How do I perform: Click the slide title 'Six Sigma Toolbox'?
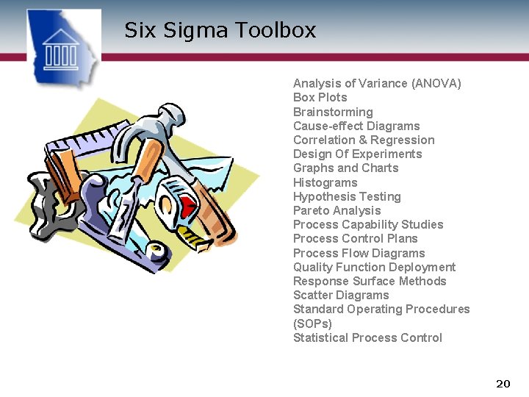[x=220, y=30]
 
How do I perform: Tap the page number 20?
[x=503, y=383]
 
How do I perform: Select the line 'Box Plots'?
[x=320, y=98]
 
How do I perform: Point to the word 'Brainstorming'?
[x=333, y=112]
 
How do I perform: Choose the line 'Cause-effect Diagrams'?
[x=356, y=126]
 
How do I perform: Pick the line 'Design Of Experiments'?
[x=357, y=154]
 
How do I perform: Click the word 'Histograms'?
[x=325, y=182]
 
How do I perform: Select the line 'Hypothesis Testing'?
[x=347, y=196]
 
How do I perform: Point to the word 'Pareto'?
[x=312, y=210]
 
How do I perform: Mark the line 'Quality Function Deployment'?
[x=374, y=267]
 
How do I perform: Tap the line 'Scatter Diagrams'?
[x=341, y=295]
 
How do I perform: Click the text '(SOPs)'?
[x=312, y=323]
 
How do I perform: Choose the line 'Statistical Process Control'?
[x=367, y=337]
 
